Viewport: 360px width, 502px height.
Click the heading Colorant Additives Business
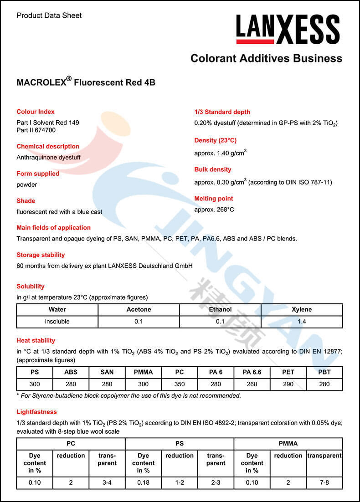(x=266, y=58)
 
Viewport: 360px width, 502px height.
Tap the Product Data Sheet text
(x=49, y=15)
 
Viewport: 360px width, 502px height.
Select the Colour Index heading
(x=36, y=112)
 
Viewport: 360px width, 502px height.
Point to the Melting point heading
(x=214, y=199)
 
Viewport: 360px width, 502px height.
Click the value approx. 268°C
(x=214, y=210)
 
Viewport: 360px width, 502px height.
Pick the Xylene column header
(x=302, y=309)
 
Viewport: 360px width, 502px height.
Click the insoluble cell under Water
(x=57, y=322)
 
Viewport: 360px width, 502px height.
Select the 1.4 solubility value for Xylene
(x=302, y=322)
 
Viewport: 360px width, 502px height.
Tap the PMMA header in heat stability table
(x=143, y=372)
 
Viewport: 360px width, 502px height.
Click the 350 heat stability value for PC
(x=180, y=384)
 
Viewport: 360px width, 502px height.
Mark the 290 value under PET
(x=288, y=384)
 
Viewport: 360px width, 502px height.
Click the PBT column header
(x=324, y=372)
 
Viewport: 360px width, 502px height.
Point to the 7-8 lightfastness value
(x=324, y=482)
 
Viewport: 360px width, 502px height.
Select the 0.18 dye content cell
(x=143, y=482)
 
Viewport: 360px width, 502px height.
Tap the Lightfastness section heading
(x=36, y=412)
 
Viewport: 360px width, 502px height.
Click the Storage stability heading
(x=41, y=255)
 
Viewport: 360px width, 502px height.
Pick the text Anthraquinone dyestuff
(x=48, y=158)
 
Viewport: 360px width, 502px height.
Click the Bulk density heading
(x=213, y=169)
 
